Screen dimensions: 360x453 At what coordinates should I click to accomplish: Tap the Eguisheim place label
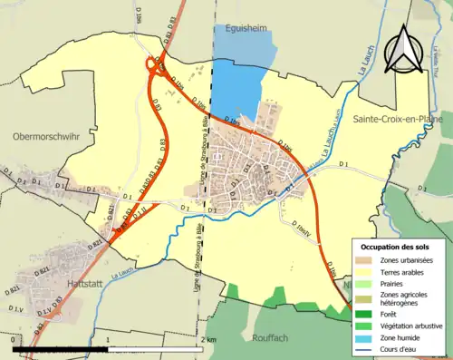[246, 29]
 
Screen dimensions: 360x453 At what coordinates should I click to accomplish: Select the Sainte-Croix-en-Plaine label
[391, 119]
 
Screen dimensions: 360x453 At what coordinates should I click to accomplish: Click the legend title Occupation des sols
[396, 247]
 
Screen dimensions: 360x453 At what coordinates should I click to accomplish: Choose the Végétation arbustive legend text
[411, 326]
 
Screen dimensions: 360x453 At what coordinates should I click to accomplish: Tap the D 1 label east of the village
[343, 163]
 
